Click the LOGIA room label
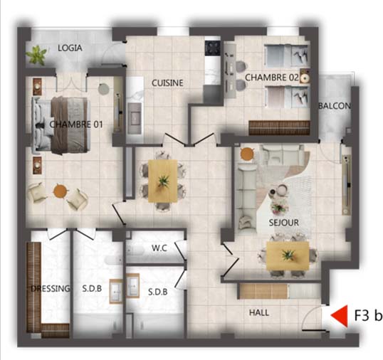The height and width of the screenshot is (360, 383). (x=70, y=48)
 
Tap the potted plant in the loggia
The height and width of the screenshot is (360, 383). (x=36, y=55)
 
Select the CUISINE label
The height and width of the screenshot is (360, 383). (x=167, y=83)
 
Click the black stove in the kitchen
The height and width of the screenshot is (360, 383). (x=213, y=48)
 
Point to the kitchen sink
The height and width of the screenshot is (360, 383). (x=135, y=118)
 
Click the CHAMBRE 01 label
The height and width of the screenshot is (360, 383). (x=76, y=125)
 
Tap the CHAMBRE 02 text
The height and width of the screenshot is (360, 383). (x=272, y=78)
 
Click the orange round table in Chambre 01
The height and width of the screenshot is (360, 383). (x=60, y=191)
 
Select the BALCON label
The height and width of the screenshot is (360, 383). (x=335, y=106)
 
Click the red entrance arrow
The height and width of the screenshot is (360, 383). (x=339, y=316)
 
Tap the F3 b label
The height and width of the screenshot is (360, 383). (x=368, y=315)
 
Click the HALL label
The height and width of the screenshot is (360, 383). (x=259, y=312)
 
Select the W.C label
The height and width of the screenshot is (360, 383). (x=159, y=248)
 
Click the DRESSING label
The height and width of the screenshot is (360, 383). (x=51, y=289)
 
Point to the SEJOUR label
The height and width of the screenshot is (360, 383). (x=283, y=223)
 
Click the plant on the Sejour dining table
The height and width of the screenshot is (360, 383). (x=288, y=255)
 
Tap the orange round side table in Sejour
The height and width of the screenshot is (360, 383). (x=247, y=154)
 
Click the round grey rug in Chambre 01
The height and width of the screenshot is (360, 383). (x=103, y=89)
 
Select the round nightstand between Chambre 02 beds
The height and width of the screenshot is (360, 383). (x=305, y=78)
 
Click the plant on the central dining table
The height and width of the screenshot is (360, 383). (x=163, y=181)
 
